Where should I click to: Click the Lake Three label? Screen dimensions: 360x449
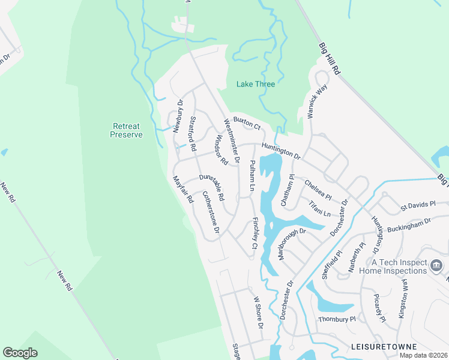256,84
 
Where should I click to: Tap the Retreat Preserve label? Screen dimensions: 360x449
126,130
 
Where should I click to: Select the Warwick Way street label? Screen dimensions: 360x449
319,101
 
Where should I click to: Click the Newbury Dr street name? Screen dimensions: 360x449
177,116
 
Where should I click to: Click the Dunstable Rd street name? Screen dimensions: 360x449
211,187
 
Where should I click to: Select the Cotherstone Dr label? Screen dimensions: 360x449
211,212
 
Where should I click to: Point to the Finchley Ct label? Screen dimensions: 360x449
255,234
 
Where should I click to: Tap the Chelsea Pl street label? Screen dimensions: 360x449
318,189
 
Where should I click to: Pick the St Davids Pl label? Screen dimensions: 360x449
418,206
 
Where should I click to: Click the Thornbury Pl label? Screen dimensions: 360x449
337,319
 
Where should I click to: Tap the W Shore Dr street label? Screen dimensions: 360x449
258,312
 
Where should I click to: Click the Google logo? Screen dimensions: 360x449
20,353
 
